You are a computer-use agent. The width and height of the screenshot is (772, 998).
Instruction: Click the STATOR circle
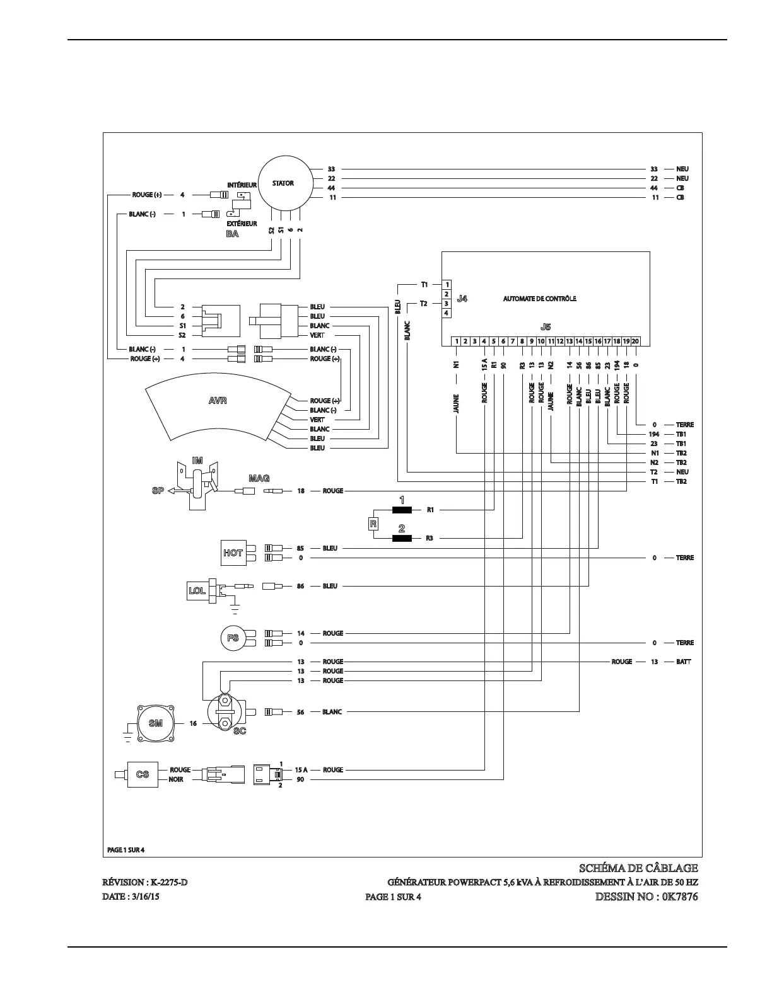[283, 184]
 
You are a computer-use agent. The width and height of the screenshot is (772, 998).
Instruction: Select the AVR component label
[218, 401]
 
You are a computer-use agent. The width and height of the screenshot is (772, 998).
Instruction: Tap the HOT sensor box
[233, 553]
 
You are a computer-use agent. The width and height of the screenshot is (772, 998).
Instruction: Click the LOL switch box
[197, 590]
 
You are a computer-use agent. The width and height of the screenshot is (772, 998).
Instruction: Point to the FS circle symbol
[233, 638]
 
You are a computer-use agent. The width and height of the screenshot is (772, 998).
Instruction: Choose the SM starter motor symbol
[155, 723]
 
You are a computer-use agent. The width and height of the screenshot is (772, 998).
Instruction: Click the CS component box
[143, 774]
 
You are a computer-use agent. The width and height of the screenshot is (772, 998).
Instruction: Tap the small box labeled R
[373, 524]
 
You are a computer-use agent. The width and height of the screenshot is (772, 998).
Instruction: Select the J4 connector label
[462, 299]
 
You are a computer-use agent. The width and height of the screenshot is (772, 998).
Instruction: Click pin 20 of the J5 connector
[635, 341]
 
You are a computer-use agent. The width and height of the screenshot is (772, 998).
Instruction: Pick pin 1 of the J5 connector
[456, 341]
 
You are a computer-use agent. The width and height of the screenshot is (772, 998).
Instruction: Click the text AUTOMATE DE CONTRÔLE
[539, 299]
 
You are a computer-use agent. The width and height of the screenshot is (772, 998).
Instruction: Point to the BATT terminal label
[683, 662]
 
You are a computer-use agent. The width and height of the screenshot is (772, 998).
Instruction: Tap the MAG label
[259, 479]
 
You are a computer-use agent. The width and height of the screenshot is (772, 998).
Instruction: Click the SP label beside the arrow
[158, 491]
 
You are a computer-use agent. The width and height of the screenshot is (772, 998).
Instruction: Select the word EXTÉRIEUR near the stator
[242, 224]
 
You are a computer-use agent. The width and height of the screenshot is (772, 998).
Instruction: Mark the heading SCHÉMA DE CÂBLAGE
[638, 868]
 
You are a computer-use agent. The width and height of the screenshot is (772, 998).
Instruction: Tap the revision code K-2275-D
[166, 882]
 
